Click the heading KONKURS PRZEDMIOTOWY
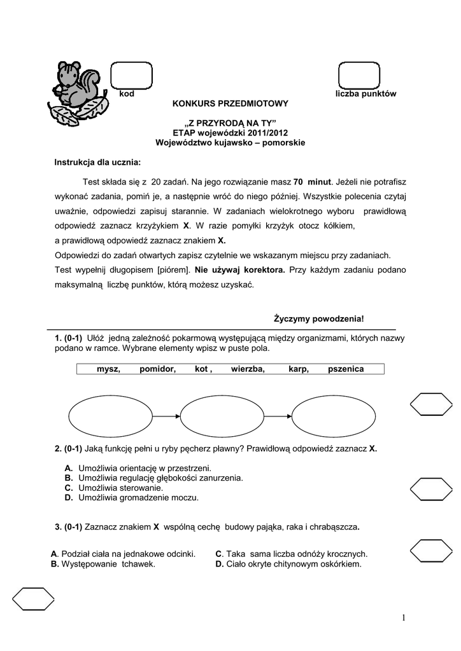click(x=231, y=103)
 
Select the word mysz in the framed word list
click(x=108, y=369)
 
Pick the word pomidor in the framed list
click(x=158, y=369)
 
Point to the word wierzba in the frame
click(x=248, y=369)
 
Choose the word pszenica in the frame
click(x=346, y=369)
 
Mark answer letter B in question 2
click(x=68, y=478)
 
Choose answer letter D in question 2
click(x=68, y=498)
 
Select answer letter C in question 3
click(x=218, y=554)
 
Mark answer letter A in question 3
click(x=54, y=554)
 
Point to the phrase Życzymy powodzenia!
click(x=319, y=318)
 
